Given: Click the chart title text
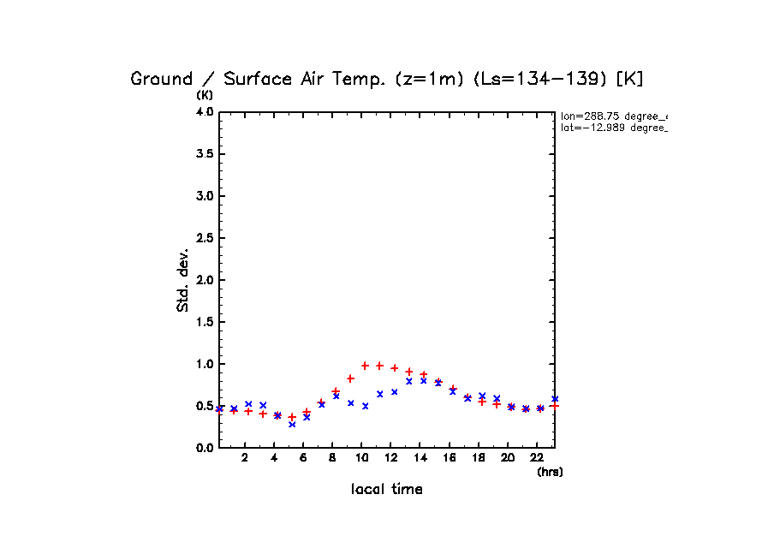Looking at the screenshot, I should click(x=386, y=79).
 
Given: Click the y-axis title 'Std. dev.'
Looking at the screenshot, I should click(x=183, y=279).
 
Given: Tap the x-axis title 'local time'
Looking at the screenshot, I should click(x=386, y=490).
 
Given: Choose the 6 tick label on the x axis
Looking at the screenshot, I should click(x=303, y=458).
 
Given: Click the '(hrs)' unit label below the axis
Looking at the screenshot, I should click(x=550, y=472).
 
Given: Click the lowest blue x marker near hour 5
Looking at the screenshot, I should click(x=292, y=424).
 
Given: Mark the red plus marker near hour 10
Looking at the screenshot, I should click(x=365, y=366).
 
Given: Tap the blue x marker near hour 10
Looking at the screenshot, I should click(x=365, y=406).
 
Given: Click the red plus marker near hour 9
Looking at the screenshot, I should click(x=350, y=378).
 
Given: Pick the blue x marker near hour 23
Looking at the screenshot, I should click(x=555, y=399).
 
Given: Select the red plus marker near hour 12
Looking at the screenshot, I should click(x=394, y=368).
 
